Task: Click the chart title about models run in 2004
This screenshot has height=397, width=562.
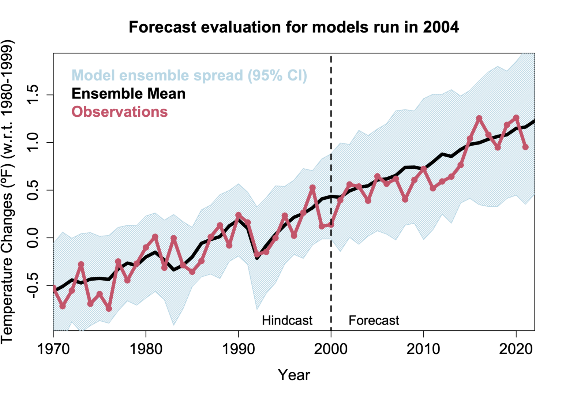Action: coord(293,27)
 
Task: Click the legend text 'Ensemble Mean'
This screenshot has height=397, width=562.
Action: coord(128,94)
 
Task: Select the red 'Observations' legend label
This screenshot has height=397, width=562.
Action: coord(120,112)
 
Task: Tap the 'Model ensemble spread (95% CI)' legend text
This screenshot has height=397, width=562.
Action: coord(189,75)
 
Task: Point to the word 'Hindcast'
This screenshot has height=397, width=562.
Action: coord(287,321)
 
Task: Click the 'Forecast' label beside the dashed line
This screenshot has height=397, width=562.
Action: coord(374,321)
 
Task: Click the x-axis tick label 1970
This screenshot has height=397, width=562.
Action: coord(53,349)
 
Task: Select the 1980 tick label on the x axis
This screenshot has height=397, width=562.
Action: coord(146,349)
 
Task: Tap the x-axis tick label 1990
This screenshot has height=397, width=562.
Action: coord(239,349)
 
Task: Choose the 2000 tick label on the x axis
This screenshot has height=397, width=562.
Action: coord(331,349)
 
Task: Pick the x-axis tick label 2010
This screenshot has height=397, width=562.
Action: coord(423,349)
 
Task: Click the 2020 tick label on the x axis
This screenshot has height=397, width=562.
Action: coord(516,349)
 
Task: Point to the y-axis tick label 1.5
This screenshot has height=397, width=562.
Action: coord(33,95)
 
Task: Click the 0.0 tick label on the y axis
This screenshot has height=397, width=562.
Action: coord(33,238)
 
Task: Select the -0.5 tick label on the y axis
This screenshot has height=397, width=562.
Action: coord(33,285)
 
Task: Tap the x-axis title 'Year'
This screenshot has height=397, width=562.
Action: coord(294,375)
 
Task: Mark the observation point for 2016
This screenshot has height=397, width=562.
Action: coord(479,118)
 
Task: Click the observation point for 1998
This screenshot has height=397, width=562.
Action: coord(312,188)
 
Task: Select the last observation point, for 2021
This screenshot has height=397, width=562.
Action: coord(525,147)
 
